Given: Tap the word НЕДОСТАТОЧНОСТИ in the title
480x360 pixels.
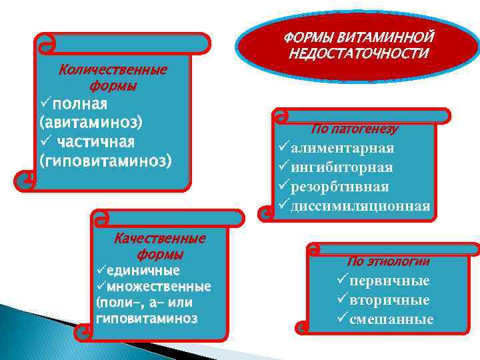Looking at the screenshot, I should point(359,52).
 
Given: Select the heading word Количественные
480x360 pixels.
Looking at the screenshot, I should point(113,70).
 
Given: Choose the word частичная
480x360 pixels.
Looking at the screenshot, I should point(96,142).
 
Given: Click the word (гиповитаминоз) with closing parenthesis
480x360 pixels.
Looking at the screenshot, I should point(105,161).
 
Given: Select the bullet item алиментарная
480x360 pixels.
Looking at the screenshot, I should point(342,148).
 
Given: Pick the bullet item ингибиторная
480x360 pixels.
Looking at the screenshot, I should point(341,167).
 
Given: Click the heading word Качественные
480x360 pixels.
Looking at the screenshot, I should point(160,239).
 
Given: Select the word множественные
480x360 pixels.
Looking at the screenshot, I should point(159,287).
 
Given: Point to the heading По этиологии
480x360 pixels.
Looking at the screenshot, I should point(388,261).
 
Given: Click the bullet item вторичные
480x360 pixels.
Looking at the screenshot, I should point(389,300).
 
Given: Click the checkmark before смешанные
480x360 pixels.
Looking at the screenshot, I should point(343,318).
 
